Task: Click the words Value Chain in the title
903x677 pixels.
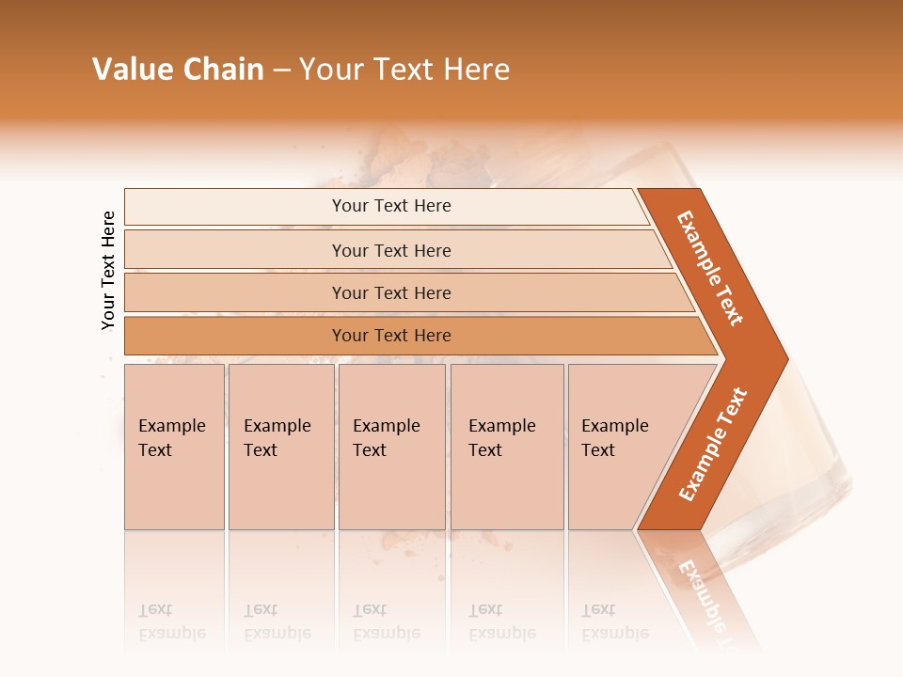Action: (x=178, y=70)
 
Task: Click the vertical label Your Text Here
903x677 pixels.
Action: (x=108, y=270)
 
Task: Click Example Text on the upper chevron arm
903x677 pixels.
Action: (x=710, y=268)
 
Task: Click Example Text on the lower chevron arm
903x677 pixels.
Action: (x=713, y=444)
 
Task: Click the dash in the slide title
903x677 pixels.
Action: (x=281, y=70)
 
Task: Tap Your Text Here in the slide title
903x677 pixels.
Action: (x=404, y=70)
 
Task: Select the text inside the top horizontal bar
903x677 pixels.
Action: (x=391, y=206)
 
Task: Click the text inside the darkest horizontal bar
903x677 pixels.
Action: (x=391, y=336)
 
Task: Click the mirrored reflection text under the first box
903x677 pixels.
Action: (x=171, y=622)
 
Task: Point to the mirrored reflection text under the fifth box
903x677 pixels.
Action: (x=614, y=622)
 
